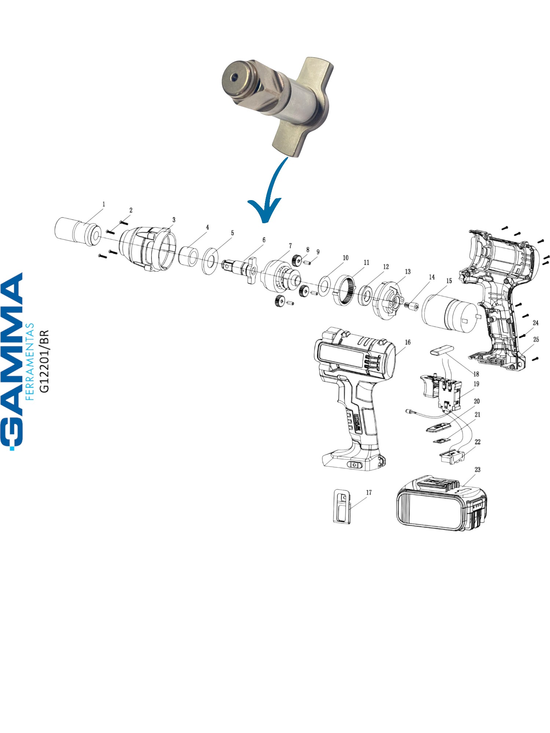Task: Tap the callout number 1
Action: (x=104, y=204)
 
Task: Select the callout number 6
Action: (x=264, y=240)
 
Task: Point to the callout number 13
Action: (x=408, y=272)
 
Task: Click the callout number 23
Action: (x=477, y=469)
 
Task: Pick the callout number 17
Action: (x=369, y=493)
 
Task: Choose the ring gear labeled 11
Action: (x=345, y=290)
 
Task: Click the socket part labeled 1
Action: (x=78, y=232)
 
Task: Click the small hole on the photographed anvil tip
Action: (x=232, y=77)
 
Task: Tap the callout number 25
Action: (x=536, y=339)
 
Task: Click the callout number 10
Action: (x=345, y=258)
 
